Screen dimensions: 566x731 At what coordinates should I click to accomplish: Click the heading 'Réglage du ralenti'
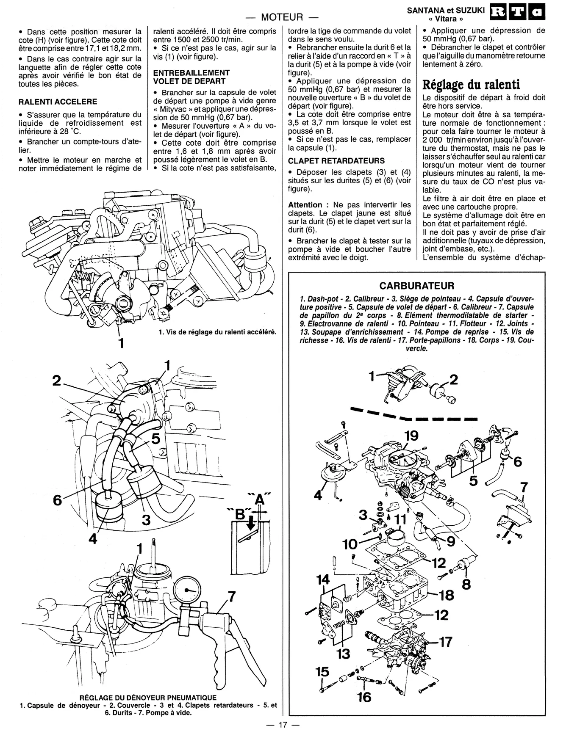471,84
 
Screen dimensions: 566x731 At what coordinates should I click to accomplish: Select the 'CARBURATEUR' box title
416,286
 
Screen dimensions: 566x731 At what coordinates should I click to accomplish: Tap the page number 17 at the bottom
283,724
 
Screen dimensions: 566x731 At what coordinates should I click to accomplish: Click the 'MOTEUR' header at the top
282,17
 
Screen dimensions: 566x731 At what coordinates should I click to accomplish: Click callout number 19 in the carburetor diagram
411,435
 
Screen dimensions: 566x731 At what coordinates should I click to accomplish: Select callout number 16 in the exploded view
364,696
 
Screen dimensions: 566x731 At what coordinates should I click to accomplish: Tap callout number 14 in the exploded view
323,579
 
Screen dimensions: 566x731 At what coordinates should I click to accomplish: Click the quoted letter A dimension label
259,500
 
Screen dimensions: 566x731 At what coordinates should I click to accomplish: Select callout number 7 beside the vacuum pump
231,596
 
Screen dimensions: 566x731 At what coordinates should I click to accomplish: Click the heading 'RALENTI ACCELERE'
58,102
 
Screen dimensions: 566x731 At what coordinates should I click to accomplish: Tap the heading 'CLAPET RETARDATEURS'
336,161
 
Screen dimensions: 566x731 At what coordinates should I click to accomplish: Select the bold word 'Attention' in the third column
305,205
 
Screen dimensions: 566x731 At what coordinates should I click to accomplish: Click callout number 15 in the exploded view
322,672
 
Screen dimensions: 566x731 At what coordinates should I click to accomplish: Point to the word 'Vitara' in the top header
446,19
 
